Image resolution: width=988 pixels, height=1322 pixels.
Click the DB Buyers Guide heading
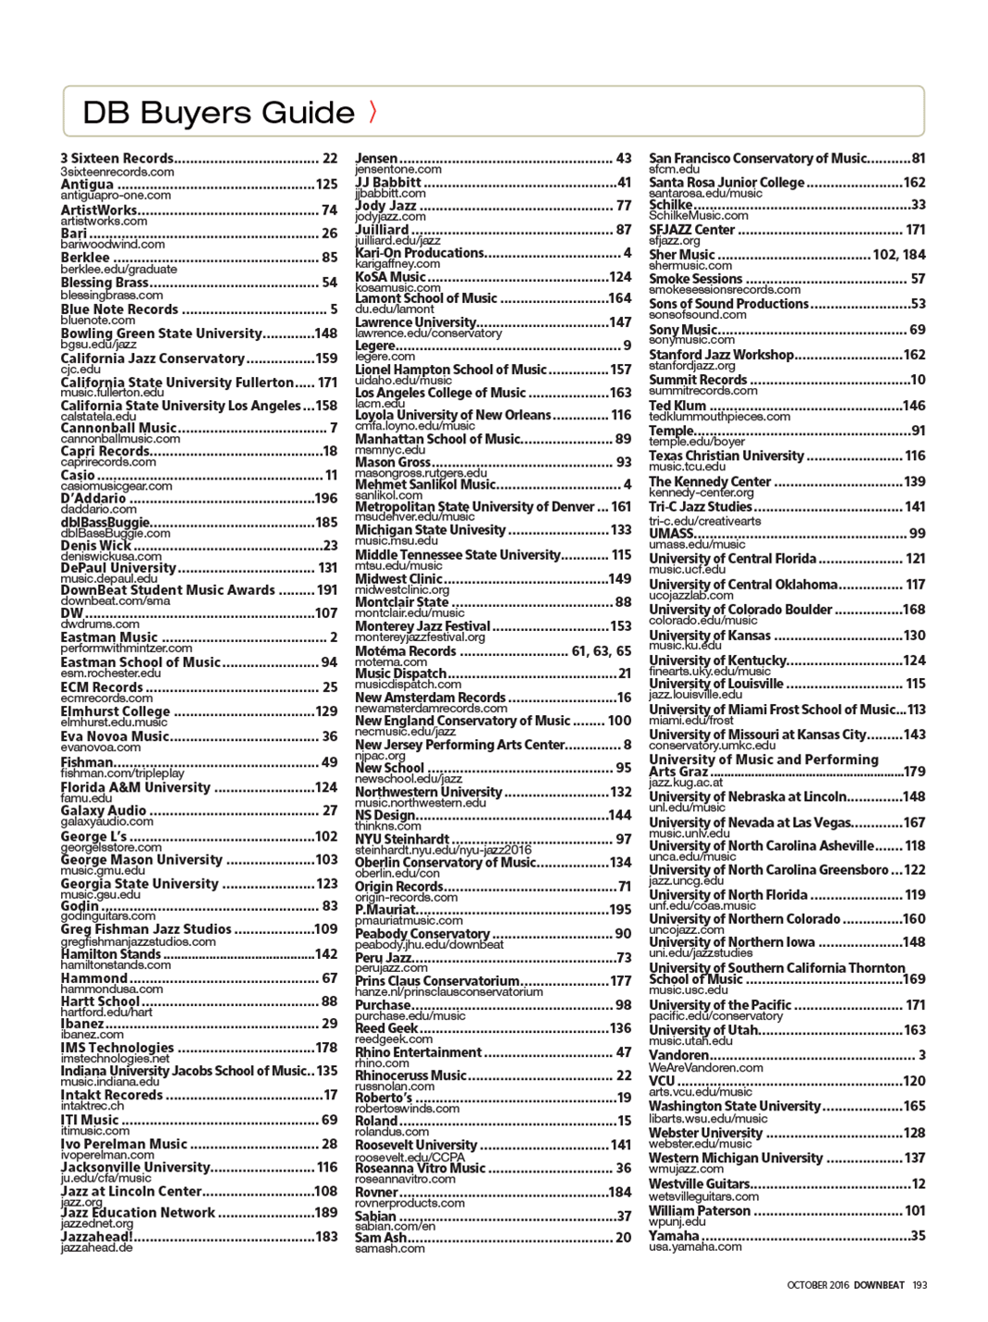click(x=218, y=113)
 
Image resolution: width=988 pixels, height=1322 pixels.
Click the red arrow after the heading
click(x=372, y=112)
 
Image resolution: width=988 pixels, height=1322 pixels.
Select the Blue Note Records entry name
click(x=119, y=309)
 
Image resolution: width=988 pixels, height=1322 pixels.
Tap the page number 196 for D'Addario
click(x=326, y=499)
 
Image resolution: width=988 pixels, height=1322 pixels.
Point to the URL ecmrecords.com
click(x=99, y=698)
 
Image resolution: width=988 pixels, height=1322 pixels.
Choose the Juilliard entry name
click(x=382, y=229)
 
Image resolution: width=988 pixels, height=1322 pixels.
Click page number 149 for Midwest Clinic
click(x=619, y=578)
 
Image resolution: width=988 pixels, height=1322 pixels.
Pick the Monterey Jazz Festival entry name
click(x=422, y=626)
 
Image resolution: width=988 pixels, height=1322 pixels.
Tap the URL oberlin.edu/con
click(x=397, y=873)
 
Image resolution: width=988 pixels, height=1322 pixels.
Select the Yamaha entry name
click(x=674, y=1235)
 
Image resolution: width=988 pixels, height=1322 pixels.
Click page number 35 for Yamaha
click(x=918, y=1235)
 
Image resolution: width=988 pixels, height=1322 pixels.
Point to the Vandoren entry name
click(x=678, y=1055)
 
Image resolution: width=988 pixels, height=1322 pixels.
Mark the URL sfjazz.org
click(x=674, y=240)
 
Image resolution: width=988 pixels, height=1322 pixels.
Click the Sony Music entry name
click(x=682, y=329)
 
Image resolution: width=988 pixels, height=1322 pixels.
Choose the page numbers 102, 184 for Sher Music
click(x=898, y=254)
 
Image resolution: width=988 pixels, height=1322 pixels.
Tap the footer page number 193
click(x=919, y=1285)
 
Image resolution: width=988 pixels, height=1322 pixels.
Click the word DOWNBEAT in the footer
click(x=879, y=1285)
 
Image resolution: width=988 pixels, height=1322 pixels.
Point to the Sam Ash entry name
click(x=381, y=1237)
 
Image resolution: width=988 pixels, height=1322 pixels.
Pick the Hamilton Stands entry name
click(x=111, y=954)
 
